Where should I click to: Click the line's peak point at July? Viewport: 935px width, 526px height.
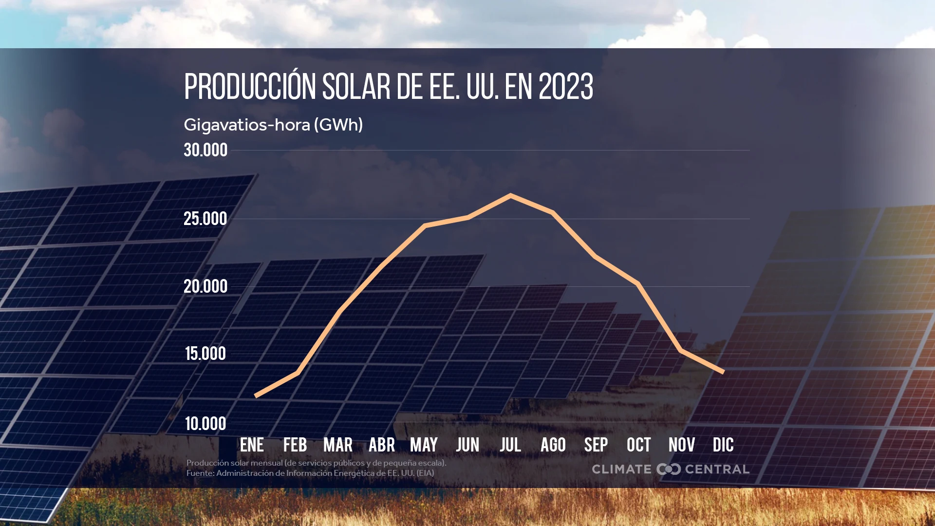tap(510, 196)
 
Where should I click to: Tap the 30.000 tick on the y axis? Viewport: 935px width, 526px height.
tap(206, 150)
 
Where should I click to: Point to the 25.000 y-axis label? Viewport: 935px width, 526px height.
tap(206, 219)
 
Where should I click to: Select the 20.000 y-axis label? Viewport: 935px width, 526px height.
tap(206, 286)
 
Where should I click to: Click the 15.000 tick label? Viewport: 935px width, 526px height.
tap(206, 354)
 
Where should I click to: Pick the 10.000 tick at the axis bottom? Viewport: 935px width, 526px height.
tap(206, 424)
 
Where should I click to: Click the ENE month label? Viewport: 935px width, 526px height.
tap(252, 445)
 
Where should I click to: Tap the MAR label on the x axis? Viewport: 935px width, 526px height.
tap(338, 445)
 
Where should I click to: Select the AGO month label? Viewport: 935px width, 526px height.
tap(553, 445)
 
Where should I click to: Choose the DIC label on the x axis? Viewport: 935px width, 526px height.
tap(723, 445)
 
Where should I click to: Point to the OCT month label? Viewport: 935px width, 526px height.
tap(639, 445)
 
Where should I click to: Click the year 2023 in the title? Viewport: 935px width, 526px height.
tap(566, 87)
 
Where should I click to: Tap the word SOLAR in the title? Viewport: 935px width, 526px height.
tap(356, 87)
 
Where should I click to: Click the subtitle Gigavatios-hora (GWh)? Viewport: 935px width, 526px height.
tap(273, 125)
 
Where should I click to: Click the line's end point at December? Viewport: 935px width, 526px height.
tap(723, 372)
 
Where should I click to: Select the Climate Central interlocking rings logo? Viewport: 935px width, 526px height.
tap(669, 469)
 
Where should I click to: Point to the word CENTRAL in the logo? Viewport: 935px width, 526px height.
tap(717, 469)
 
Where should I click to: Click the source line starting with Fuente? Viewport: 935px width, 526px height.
tap(310, 473)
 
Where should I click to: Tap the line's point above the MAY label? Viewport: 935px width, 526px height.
tap(425, 225)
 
